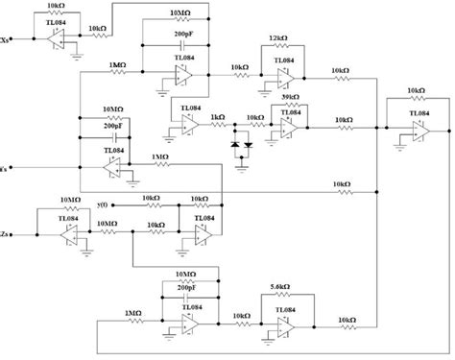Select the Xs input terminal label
7,39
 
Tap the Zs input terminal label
7,233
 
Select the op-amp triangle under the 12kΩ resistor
284,74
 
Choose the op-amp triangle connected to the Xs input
50,38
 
